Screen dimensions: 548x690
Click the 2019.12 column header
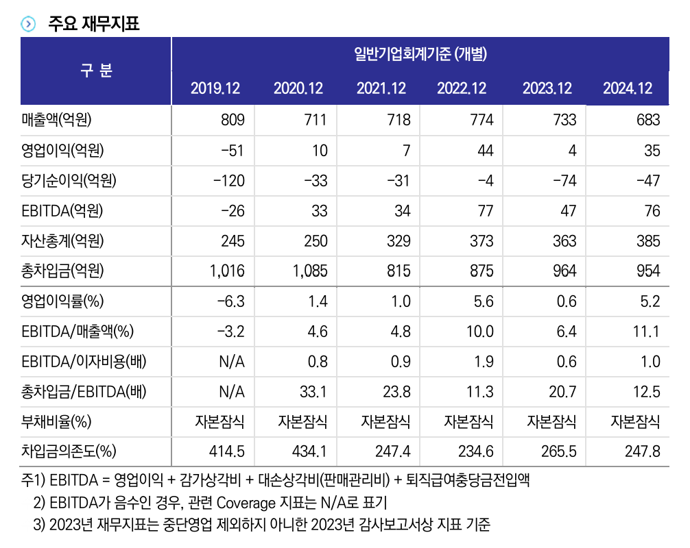215,89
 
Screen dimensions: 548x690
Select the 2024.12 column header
628,89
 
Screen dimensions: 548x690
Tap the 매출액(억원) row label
56,121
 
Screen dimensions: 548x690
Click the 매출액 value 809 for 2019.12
232,121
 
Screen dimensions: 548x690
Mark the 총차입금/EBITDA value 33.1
314,392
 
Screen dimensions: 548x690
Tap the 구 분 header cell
96,71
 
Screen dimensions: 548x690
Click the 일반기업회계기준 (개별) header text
420,54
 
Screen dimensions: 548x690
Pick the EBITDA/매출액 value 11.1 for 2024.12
645,332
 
